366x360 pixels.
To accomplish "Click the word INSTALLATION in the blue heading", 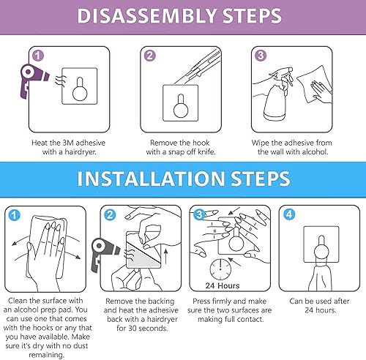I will pyautogui.click(x=128, y=179).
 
